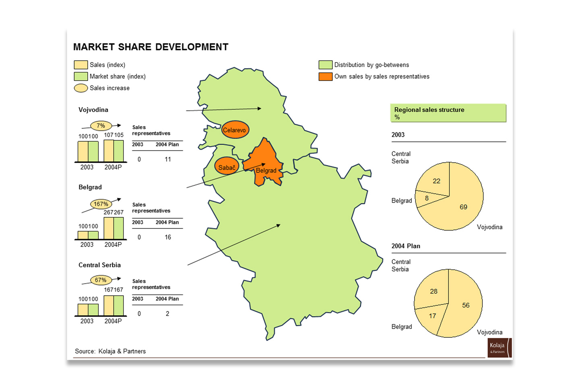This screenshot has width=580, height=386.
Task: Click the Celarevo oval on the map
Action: coord(235,129)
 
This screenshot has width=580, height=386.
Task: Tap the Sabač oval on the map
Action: coord(227,166)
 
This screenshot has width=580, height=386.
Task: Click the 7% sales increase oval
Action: coord(101,125)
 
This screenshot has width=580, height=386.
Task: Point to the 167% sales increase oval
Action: coord(101,204)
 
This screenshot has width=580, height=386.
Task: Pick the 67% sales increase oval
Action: coord(101,280)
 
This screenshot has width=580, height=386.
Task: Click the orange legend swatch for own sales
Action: coord(325,77)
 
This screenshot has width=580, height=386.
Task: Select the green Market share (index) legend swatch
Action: coord(81,76)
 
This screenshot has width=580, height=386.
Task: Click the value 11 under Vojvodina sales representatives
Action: coord(168,160)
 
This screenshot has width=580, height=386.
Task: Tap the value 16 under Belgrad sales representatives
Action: coord(168,237)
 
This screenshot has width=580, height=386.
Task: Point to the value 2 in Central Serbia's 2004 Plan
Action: coord(168,314)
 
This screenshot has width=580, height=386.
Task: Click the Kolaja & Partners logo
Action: coord(500,348)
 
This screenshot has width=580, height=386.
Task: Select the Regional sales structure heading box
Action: coord(448,113)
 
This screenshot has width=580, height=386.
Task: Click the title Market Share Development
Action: coord(151,47)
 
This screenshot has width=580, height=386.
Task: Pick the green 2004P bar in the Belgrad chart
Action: coord(118,228)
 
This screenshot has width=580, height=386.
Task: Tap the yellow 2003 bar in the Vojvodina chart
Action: coord(83,152)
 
